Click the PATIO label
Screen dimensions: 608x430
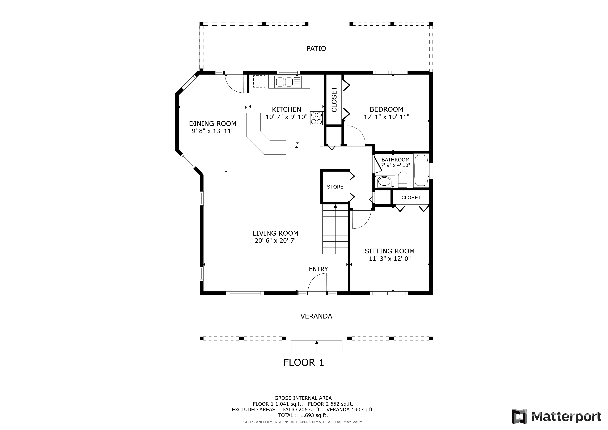pyautogui.click(x=316, y=49)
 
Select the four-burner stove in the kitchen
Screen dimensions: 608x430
pyautogui.click(x=316, y=118)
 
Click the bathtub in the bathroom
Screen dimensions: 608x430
pyautogui.click(x=421, y=170)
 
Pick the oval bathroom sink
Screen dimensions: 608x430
pyautogui.click(x=384, y=182)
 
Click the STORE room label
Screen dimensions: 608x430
pyautogui.click(x=335, y=187)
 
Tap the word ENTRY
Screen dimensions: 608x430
pyautogui.click(x=318, y=269)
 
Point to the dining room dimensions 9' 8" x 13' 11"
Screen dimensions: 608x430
pyautogui.click(x=213, y=131)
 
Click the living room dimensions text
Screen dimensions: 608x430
pyautogui.click(x=275, y=241)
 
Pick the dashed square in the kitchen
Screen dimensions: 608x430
pyautogui.click(x=259, y=81)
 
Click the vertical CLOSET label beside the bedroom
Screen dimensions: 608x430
pyautogui.click(x=334, y=99)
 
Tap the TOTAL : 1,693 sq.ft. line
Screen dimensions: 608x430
pyautogui.click(x=303, y=416)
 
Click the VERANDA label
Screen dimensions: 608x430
pyautogui.click(x=316, y=316)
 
